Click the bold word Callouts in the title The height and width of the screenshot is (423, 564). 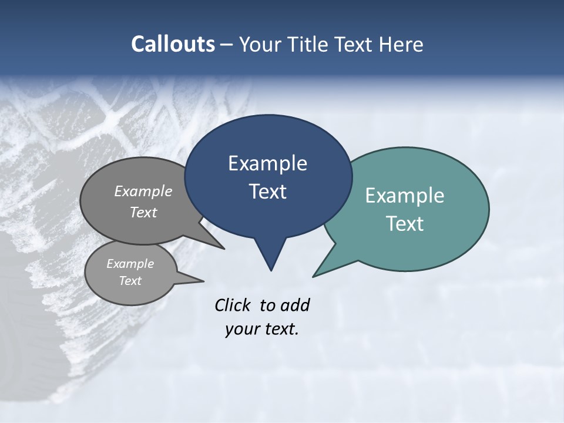(x=173, y=44)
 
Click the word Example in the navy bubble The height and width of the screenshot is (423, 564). (x=267, y=163)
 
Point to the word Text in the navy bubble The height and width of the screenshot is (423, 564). (x=267, y=192)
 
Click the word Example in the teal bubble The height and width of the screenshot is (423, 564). (x=405, y=196)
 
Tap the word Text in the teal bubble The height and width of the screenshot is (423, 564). (x=405, y=224)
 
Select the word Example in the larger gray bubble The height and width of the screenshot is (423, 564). (x=143, y=191)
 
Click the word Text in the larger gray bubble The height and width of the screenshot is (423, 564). (x=143, y=212)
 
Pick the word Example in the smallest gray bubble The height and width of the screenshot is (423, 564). (x=130, y=264)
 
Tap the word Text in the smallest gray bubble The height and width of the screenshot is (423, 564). (x=130, y=281)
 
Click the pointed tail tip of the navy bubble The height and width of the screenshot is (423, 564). (x=271, y=270)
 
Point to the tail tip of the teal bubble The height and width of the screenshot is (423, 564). (x=313, y=276)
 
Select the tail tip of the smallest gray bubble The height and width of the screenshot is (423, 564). (x=203, y=281)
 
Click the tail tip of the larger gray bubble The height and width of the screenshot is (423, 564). (x=224, y=249)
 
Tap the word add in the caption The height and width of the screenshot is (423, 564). (x=295, y=305)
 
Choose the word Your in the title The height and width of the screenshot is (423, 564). (x=260, y=44)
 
